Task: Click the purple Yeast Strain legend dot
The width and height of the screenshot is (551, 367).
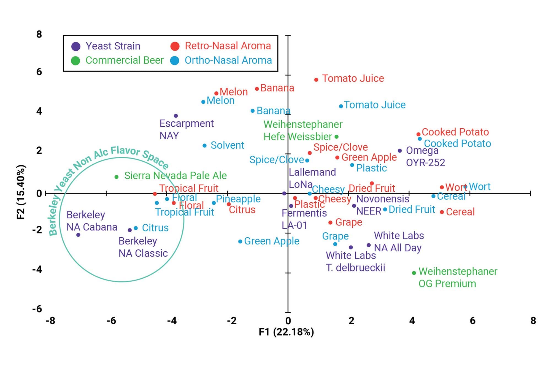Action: (x=76, y=46)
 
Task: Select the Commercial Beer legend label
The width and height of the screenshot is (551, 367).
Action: (x=125, y=60)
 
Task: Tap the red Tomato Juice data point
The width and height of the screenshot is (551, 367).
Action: (x=316, y=80)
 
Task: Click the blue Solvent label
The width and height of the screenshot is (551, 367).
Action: (x=227, y=145)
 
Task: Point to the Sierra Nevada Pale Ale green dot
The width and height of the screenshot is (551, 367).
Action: (x=117, y=177)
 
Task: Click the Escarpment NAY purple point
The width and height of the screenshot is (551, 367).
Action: (x=176, y=116)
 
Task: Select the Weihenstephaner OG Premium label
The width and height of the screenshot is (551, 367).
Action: (x=458, y=277)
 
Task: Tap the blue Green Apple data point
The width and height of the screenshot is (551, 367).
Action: (x=240, y=241)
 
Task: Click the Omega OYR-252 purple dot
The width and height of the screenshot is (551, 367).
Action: (x=400, y=151)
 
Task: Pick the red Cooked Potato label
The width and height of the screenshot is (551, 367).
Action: (x=455, y=132)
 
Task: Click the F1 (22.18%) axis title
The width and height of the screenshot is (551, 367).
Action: (x=286, y=332)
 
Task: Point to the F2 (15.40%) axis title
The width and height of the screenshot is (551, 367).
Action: (x=21, y=192)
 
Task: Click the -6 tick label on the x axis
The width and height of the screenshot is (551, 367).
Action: (x=111, y=321)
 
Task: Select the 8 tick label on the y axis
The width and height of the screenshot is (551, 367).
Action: (x=39, y=34)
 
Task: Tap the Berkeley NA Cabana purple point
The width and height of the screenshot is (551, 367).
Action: (x=78, y=235)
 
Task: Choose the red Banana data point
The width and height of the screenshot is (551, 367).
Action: (x=257, y=89)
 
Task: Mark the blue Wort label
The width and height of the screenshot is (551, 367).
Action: (x=480, y=187)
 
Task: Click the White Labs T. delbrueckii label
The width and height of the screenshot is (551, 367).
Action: (x=355, y=261)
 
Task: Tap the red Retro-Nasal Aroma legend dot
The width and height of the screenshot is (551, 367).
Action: (x=175, y=46)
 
